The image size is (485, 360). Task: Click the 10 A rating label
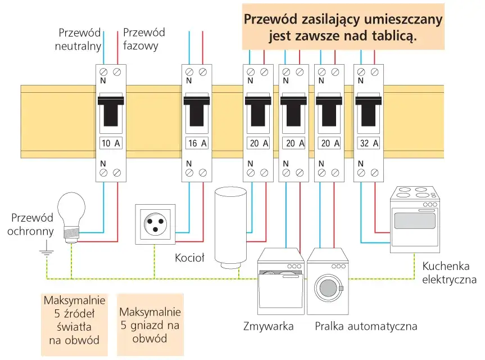(x=110, y=143)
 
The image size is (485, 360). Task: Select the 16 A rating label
(x=196, y=143)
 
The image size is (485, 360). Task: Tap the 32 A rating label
(x=369, y=143)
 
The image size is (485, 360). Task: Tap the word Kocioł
(x=190, y=258)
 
